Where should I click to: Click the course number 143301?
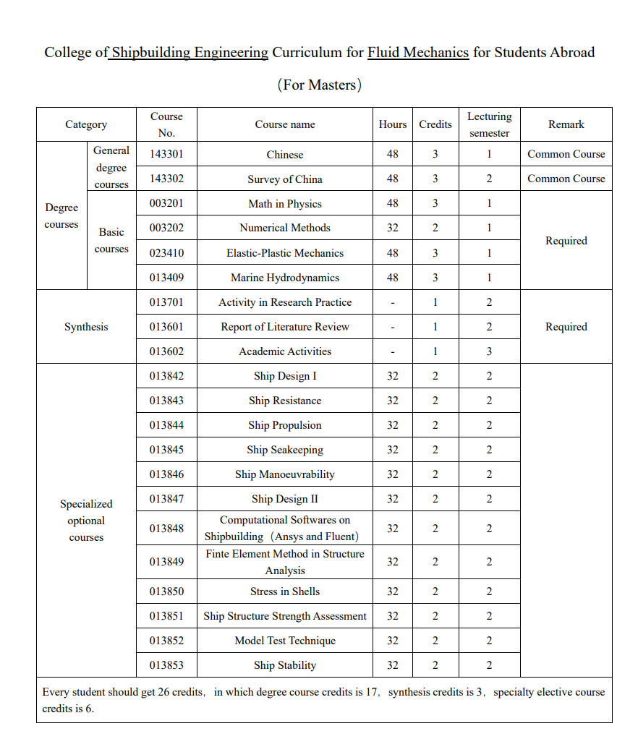[x=166, y=154]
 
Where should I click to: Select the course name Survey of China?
[x=285, y=179]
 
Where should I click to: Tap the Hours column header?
[x=392, y=124]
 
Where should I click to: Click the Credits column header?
[x=435, y=124]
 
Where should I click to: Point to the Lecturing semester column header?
[x=489, y=124]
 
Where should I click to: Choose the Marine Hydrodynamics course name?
[x=285, y=278]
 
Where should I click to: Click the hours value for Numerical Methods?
[x=392, y=228]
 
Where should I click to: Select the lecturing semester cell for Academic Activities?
[x=489, y=351]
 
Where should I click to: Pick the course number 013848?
[x=166, y=529]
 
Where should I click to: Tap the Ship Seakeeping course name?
[x=285, y=450]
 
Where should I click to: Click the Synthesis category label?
[x=86, y=327]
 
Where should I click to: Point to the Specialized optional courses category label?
[x=86, y=521]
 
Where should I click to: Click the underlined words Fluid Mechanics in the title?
[x=418, y=52]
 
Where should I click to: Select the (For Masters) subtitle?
[x=319, y=85]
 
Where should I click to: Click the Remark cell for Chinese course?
[x=566, y=154]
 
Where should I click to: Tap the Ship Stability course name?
[x=285, y=665]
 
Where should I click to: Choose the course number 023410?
[x=166, y=253]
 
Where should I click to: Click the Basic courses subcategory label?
[x=111, y=240]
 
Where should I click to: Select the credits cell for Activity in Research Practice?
[x=435, y=302]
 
